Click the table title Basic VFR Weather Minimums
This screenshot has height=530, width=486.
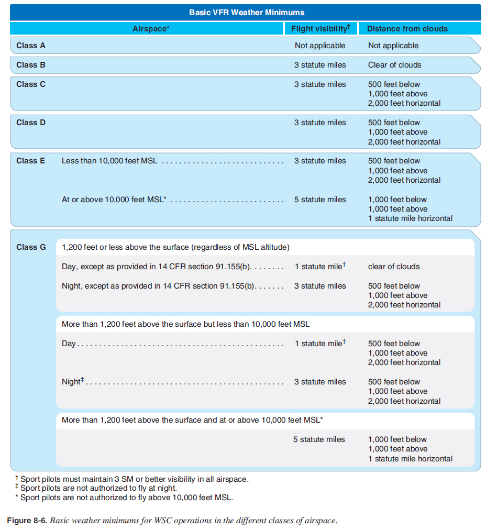pyautogui.click(x=246, y=12)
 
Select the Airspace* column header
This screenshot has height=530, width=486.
pyautogui.click(x=151, y=29)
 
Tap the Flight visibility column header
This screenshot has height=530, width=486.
pyautogui.click(x=321, y=29)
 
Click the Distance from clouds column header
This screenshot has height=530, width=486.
pyautogui.click(x=407, y=29)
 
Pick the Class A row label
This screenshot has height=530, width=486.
pyautogui.click(x=31, y=46)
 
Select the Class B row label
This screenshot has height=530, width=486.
pyautogui.click(x=31, y=65)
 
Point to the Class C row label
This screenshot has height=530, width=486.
pyautogui.click(x=31, y=84)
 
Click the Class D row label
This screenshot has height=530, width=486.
pyautogui.click(x=31, y=123)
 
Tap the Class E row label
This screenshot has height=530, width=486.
pyautogui.click(x=31, y=161)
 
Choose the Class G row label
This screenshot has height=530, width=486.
pyautogui.click(x=31, y=247)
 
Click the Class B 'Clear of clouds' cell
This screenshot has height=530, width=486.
pyautogui.click(x=394, y=65)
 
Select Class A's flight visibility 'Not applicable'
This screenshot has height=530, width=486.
pyautogui.click(x=320, y=46)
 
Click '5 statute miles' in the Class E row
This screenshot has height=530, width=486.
pyautogui.click(x=320, y=200)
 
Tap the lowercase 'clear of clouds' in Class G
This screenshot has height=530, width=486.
pyautogui.click(x=394, y=267)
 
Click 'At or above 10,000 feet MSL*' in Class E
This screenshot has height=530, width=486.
pyautogui.click(x=114, y=200)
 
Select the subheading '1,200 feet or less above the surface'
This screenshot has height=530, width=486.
pyautogui.click(x=175, y=247)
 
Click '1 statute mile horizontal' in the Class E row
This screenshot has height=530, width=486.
pyautogui.click(x=410, y=218)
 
